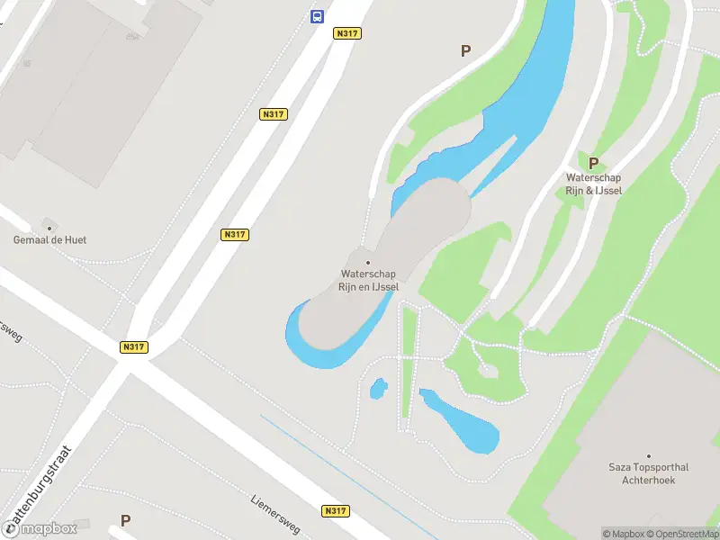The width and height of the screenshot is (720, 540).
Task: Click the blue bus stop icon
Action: click(x=317, y=16)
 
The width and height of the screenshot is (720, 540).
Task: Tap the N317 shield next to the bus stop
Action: click(x=346, y=33)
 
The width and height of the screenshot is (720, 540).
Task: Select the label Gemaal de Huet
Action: click(x=49, y=240)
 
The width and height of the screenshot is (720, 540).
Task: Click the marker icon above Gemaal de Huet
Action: click(x=49, y=225)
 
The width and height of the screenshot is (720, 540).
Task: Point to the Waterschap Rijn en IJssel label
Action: click(x=369, y=280)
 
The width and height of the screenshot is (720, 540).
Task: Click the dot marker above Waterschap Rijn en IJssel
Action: click(x=367, y=262)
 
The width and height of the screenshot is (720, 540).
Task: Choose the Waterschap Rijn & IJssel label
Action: click(x=593, y=184)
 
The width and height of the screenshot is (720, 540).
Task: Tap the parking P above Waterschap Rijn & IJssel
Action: click(x=593, y=163)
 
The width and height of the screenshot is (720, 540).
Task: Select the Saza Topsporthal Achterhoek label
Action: click(x=648, y=473)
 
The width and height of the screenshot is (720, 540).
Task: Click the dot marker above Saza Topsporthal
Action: click(x=648, y=456)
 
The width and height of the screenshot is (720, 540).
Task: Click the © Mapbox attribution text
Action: click(x=625, y=534)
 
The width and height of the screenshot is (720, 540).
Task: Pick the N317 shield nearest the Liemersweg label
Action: click(x=336, y=511)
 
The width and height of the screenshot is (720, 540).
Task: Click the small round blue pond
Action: click(x=379, y=389)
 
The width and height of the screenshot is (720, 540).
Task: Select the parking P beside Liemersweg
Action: click(x=125, y=520)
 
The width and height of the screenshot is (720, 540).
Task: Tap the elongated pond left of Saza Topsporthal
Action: click(x=463, y=423)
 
